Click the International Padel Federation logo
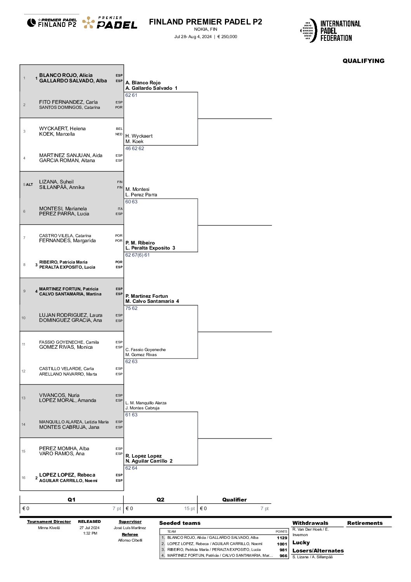click(331, 31)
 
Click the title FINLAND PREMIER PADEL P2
click(205, 22)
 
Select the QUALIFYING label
click(363, 61)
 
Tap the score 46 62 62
click(135, 149)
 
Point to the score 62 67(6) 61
click(138, 255)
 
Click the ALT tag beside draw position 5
click(30, 185)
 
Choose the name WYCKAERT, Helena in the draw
click(62, 129)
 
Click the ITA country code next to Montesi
click(120, 209)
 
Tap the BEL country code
click(119, 129)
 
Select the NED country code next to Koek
click(119, 134)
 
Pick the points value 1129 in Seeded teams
click(282, 538)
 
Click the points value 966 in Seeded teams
click(284, 556)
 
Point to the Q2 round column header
click(160, 500)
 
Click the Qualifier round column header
click(234, 500)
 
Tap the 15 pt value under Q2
click(190, 509)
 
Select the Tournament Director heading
click(49, 522)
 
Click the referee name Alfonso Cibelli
click(130, 540)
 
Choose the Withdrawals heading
click(310, 523)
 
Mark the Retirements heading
click(365, 523)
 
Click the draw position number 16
click(24, 478)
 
